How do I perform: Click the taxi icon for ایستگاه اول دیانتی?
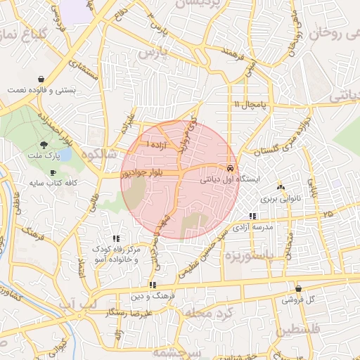(231, 169)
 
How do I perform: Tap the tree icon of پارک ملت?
(44, 144)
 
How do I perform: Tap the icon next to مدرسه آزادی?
(252, 217)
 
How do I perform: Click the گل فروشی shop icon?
(299, 288)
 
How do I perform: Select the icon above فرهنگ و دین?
(153, 285)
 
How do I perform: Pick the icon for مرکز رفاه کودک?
(116, 239)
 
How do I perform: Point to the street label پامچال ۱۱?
(251, 105)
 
